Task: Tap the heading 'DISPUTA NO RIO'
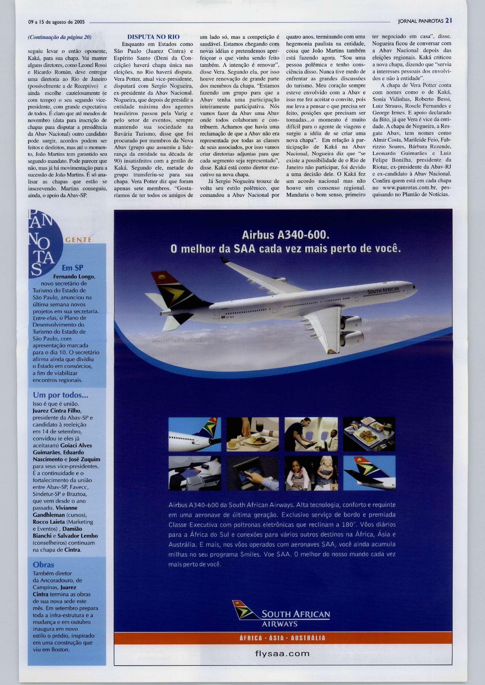tap(153, 37)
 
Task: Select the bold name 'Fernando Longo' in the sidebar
tap(74, 276)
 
